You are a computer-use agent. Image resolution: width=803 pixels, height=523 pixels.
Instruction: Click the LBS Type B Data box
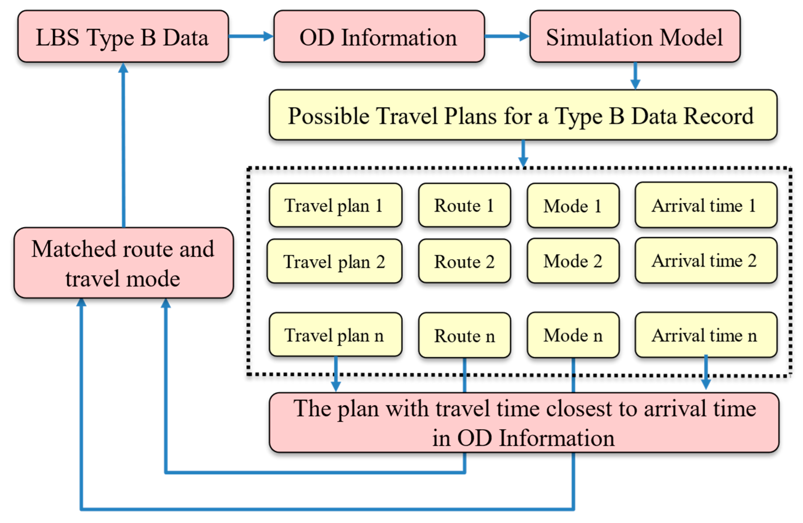123,36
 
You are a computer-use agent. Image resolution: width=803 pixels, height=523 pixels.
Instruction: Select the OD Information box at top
379,36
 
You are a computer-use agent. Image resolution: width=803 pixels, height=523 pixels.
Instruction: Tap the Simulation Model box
635,36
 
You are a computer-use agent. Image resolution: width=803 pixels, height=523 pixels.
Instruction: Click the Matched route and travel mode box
123,263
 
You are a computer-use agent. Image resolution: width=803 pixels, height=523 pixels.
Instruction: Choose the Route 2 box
464,261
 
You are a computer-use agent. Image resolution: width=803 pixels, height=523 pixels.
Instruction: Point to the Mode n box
573,335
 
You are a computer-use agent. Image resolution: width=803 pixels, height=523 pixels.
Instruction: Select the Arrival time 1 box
706,205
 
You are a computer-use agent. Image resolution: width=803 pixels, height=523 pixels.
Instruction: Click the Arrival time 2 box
706,260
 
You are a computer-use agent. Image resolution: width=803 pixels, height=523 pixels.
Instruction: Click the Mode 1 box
573,205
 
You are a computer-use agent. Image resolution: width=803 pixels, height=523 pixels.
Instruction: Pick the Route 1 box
464,205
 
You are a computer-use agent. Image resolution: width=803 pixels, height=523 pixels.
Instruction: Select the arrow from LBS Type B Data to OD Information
251,36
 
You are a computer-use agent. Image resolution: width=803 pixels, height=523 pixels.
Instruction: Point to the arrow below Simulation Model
635,76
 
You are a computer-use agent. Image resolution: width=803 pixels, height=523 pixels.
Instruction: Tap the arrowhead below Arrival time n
706,384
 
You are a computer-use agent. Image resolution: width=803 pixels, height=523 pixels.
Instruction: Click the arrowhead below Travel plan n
336,386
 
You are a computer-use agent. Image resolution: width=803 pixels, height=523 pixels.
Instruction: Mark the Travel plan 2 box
334,261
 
